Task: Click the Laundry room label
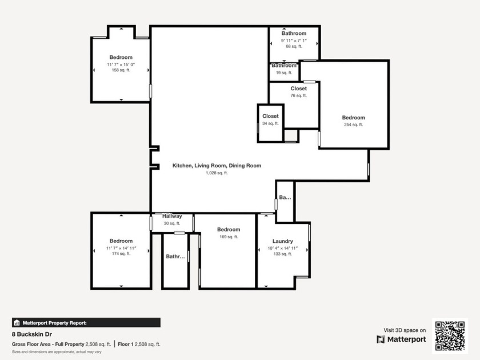[x=282, y=241]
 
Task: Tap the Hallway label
[x=172, y=216]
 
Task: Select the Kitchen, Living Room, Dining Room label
[x=217, y=166]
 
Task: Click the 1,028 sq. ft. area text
[x=217, y=173]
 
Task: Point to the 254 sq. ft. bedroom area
[x=353, y=125]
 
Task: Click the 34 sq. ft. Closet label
[x=270, y=116]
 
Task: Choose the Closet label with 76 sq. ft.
[x=298, y=89]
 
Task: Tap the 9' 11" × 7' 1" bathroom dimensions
[x=294, y=41]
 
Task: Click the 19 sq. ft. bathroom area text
[x=284, y=73]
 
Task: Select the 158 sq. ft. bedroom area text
[x=121, y=70]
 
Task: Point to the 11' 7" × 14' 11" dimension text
[x=121, y=248]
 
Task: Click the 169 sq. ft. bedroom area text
[x=229, y=237]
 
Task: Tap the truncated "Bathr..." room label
[x=175, y=257]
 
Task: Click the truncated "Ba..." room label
[x=285, y=198]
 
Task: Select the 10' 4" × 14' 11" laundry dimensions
[x=282, y=248]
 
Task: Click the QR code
[x=450, y=336]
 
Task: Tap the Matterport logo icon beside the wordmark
[x=381, y=339]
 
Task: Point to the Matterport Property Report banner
[x=86, y=323]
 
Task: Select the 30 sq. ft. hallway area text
[x=172, y=223]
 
